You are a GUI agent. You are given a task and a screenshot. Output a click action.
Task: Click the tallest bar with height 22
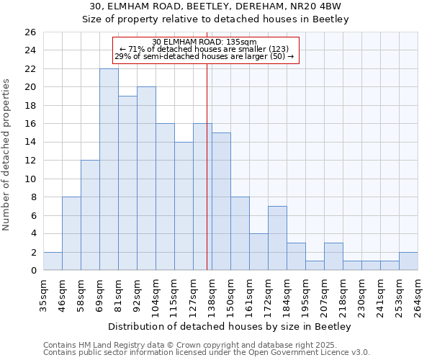click(109, 169)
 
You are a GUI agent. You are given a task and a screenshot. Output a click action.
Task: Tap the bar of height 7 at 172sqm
click(277, 238)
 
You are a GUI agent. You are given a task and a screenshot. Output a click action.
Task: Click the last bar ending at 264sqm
click(408, 261)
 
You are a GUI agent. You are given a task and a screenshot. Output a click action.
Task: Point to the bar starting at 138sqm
click(221, 202)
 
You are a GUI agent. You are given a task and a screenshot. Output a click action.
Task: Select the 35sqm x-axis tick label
click(44, 294)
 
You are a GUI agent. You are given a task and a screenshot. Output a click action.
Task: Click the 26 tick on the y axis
click(30, 32)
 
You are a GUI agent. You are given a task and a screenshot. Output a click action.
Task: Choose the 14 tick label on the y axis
click(30, 143)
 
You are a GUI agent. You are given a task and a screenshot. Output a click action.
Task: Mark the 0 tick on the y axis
click(32, 271)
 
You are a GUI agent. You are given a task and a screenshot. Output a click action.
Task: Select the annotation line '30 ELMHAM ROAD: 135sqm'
click(205, 42)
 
